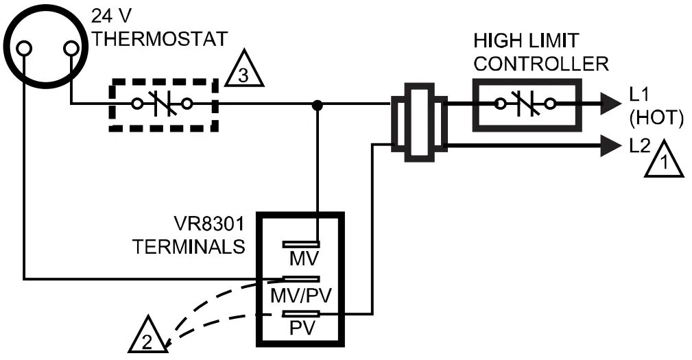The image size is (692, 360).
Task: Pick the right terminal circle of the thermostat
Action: pos(71,49)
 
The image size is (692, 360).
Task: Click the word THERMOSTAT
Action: pos(160,38)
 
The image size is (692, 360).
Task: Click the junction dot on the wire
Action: pos(317,105)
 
